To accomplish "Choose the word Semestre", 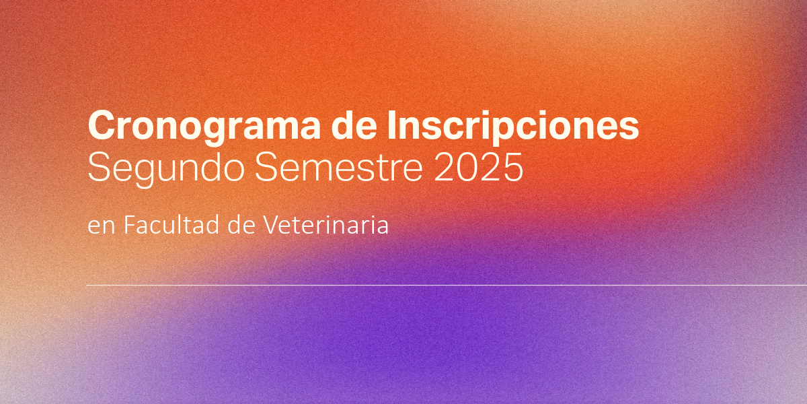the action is pyautogui.click(x=339, y=168).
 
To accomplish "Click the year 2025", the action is pyautogui.click(x=478, y=168).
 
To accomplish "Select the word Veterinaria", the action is pyautogui.click(x=325, y=225).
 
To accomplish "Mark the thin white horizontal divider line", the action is pyautogui.click(x=447, y=285).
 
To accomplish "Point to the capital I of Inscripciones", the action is pyautogui.click(x=391, y=125).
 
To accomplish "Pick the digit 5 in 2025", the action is pyautogui.click(x=512, y=168).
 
